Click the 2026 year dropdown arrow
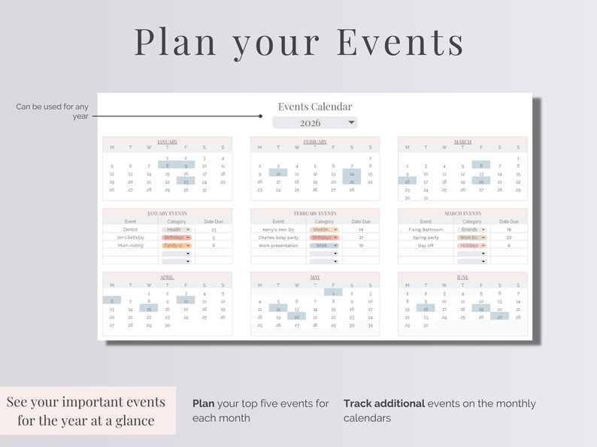[x=351, y=122]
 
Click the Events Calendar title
[x=315, y=107]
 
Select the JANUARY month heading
[x=167, y=141]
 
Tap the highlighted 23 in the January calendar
[x=186, y=181]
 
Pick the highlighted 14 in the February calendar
[x=351, y=174]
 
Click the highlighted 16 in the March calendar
[x=407, y=181]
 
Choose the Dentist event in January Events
[x=131, y=229]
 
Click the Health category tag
[x=176, y=229]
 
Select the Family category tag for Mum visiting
[x=176, y=246]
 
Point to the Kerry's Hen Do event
[x=278, y=229]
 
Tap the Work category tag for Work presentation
[x=324, y=246]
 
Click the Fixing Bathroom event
[x=426, y=229]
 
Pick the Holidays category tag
[x=471, y=246]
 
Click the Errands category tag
[x=471, y=229]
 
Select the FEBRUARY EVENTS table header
[x=315, y=213]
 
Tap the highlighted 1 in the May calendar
[x=333, y=293]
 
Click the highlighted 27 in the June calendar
[x=499, y=317]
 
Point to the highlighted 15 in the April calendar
[x=149, y=309]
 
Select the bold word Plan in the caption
[x=204, y=403]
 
